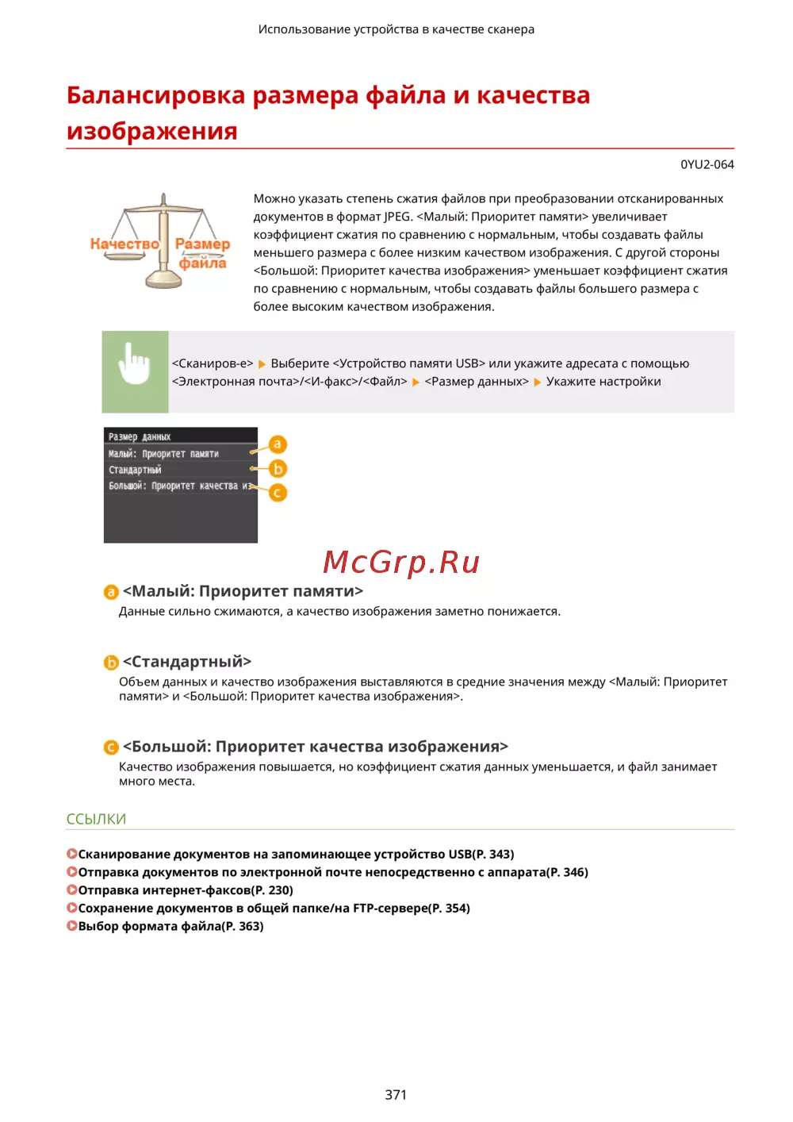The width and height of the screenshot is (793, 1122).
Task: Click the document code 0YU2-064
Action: (707, 164)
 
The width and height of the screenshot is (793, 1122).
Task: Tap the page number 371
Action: (396, 1094)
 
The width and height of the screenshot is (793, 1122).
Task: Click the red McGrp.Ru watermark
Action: (401, 562)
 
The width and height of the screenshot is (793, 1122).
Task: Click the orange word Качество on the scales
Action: (125, 244)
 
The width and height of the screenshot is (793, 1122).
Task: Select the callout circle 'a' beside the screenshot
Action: (278, 444)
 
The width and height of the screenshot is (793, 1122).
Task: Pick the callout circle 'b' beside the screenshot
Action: (278, 469)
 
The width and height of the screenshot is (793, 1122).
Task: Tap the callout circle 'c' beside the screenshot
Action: (278, 493)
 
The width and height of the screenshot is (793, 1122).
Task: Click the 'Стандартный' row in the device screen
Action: (136, 470)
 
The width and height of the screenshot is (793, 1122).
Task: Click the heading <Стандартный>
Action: (187, 661)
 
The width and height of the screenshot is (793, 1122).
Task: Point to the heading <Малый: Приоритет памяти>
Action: (243, 590)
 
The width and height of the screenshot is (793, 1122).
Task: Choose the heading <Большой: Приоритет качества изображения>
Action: (316, 746)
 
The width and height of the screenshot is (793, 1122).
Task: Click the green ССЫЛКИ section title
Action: (96, 818)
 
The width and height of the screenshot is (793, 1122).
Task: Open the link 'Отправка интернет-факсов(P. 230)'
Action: (186, 890)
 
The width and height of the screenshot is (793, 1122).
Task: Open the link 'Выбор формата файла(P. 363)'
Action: (170, 925)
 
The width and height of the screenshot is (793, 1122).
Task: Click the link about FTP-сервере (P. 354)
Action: (274, 908)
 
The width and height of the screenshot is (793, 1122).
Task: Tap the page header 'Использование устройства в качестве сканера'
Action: (396, 29)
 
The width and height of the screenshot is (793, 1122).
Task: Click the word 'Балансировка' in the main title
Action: (156, 95)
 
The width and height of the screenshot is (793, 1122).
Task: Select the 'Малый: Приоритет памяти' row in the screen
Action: (163, 454)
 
